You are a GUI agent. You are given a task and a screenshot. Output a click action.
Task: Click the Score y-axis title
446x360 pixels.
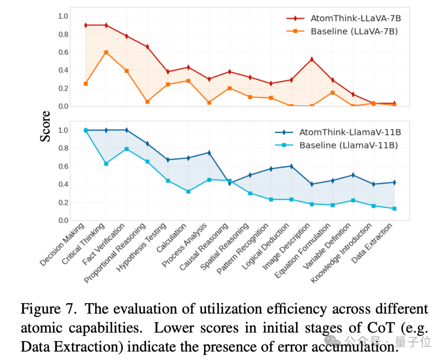[x=45, y=126]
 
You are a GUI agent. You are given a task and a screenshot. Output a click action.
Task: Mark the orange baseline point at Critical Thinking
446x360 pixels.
[x=106, y=52]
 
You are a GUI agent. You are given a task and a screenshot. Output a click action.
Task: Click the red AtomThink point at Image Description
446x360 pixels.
[x=312, y=60]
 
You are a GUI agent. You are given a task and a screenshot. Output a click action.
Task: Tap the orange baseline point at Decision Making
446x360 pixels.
[x=85, y=83]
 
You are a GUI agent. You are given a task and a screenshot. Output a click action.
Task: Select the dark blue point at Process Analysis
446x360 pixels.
[x=209, y=153]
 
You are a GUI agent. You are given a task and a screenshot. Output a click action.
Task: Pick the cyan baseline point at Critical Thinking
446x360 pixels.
[x=106, y=164]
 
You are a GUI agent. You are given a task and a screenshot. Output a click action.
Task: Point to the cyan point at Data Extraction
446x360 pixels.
[x=394, y=209]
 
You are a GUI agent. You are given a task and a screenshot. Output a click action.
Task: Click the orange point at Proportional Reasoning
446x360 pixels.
[x=147, y=102]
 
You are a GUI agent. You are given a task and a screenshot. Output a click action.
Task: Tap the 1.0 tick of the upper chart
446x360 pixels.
[x=62, y=16]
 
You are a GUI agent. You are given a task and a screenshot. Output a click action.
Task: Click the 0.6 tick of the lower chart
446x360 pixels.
[x=62, y=167]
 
